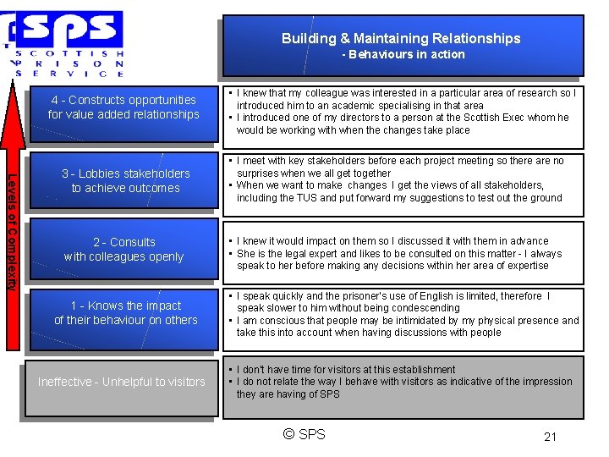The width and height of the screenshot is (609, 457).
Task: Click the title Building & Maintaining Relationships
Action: pyautogui.click(x=401, y=38)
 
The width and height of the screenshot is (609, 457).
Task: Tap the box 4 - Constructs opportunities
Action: pyautogui.click(x=123, y=107)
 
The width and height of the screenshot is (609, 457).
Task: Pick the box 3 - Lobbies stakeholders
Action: pyautogui.click(x=125, y=180)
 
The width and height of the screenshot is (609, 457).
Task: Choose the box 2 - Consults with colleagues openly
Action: pyautogui.click(x=123, y=249)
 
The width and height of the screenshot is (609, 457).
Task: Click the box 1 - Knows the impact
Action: pyautogui.click(x=125, y=313)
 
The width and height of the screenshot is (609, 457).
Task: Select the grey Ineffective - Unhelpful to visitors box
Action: pyautogui.click(x=121, y=383)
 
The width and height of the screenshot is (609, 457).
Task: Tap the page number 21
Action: pyautogui.click(x=550, y=437)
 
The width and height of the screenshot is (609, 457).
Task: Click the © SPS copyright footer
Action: pyautogui.click(x=304, y=435)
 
